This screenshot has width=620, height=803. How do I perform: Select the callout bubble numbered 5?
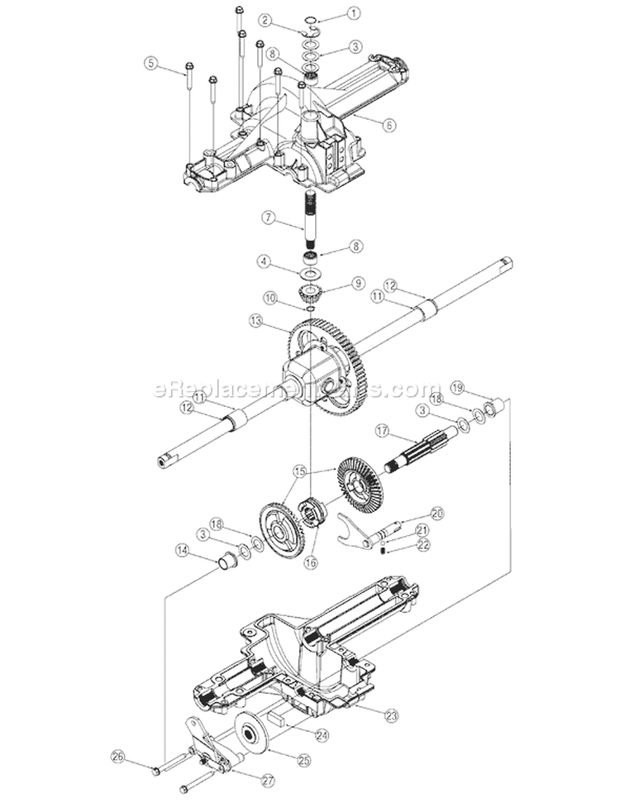(150, 62)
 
